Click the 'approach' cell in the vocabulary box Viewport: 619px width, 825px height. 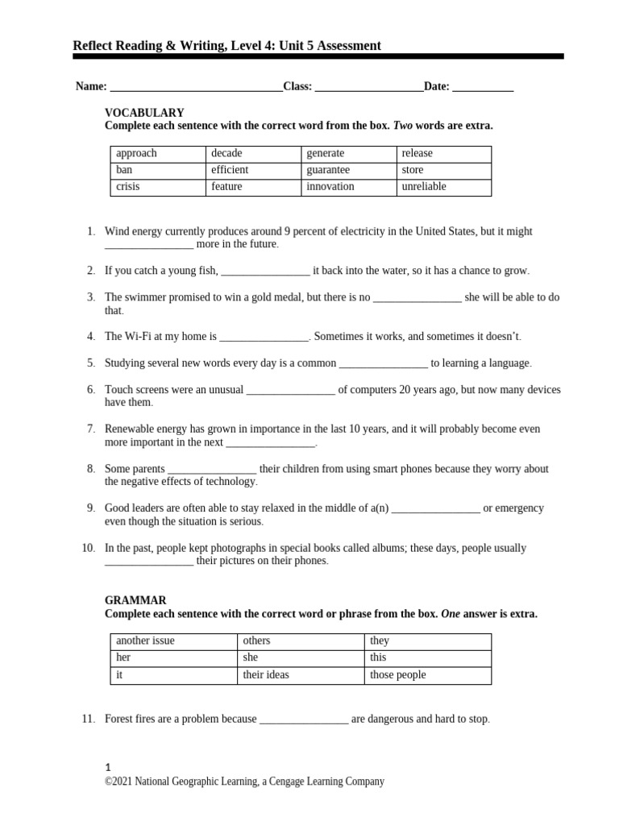pos(136,153)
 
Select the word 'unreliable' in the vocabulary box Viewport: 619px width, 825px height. pos(423,187)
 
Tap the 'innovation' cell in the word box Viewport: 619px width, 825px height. pos(330,187)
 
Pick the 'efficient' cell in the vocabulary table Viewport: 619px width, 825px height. pos(230,170)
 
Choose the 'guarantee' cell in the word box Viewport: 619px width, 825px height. pos(328,170)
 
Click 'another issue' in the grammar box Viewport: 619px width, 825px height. pos(145,641)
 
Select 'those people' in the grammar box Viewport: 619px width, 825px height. pos(397,675)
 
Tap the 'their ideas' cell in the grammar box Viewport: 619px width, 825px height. pos(266,675)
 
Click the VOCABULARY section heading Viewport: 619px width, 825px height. pos(144,113)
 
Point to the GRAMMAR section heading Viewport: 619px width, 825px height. pos(135,600)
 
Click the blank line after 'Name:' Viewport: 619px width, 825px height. pos(196,88)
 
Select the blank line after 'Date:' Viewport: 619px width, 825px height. pos(483,88)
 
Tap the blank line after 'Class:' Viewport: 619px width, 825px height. pos(368,88)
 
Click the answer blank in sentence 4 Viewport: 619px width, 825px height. pos(264,338)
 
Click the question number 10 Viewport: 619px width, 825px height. pos(89,548)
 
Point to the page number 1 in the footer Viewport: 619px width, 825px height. pos(108,768)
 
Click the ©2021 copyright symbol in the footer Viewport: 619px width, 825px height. pos(109,781)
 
